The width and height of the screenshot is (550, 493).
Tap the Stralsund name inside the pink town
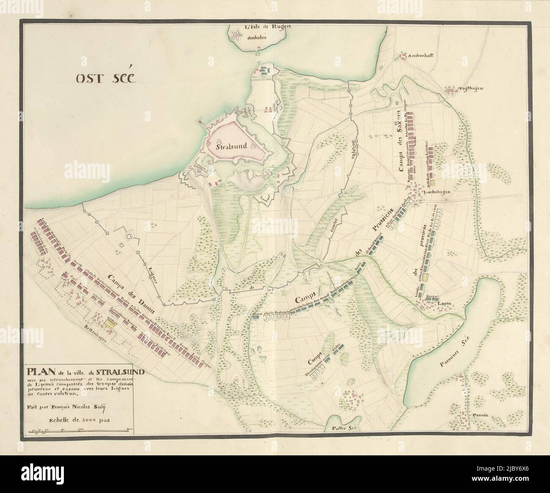[231, 148]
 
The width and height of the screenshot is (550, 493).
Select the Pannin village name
[480, 415]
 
